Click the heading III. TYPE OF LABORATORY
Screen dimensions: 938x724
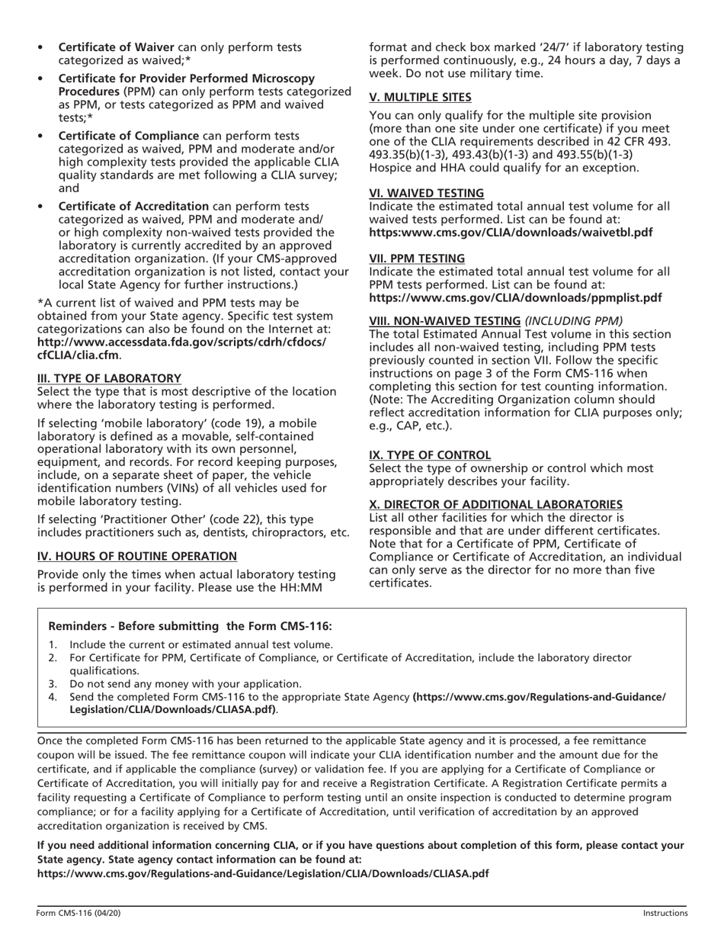(109, 378)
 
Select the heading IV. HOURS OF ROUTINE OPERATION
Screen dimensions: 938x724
(137, 556)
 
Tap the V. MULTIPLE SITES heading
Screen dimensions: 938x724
(420, 97)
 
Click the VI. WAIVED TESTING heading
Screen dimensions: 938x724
(426, 193)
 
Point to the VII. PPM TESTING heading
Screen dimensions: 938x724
(417, 259)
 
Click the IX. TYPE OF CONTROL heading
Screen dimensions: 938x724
(430, 455)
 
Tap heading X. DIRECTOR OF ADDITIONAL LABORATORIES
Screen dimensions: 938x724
(495, 505)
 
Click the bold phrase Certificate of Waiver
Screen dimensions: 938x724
(117, 47)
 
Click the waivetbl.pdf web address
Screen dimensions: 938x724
(511, 232)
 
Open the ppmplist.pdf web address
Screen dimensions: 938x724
(515, 297)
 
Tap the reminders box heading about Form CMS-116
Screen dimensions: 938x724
(190, 626)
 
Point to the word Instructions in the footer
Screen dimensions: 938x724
(665, 913)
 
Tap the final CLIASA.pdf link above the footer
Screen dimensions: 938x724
(263, 873)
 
